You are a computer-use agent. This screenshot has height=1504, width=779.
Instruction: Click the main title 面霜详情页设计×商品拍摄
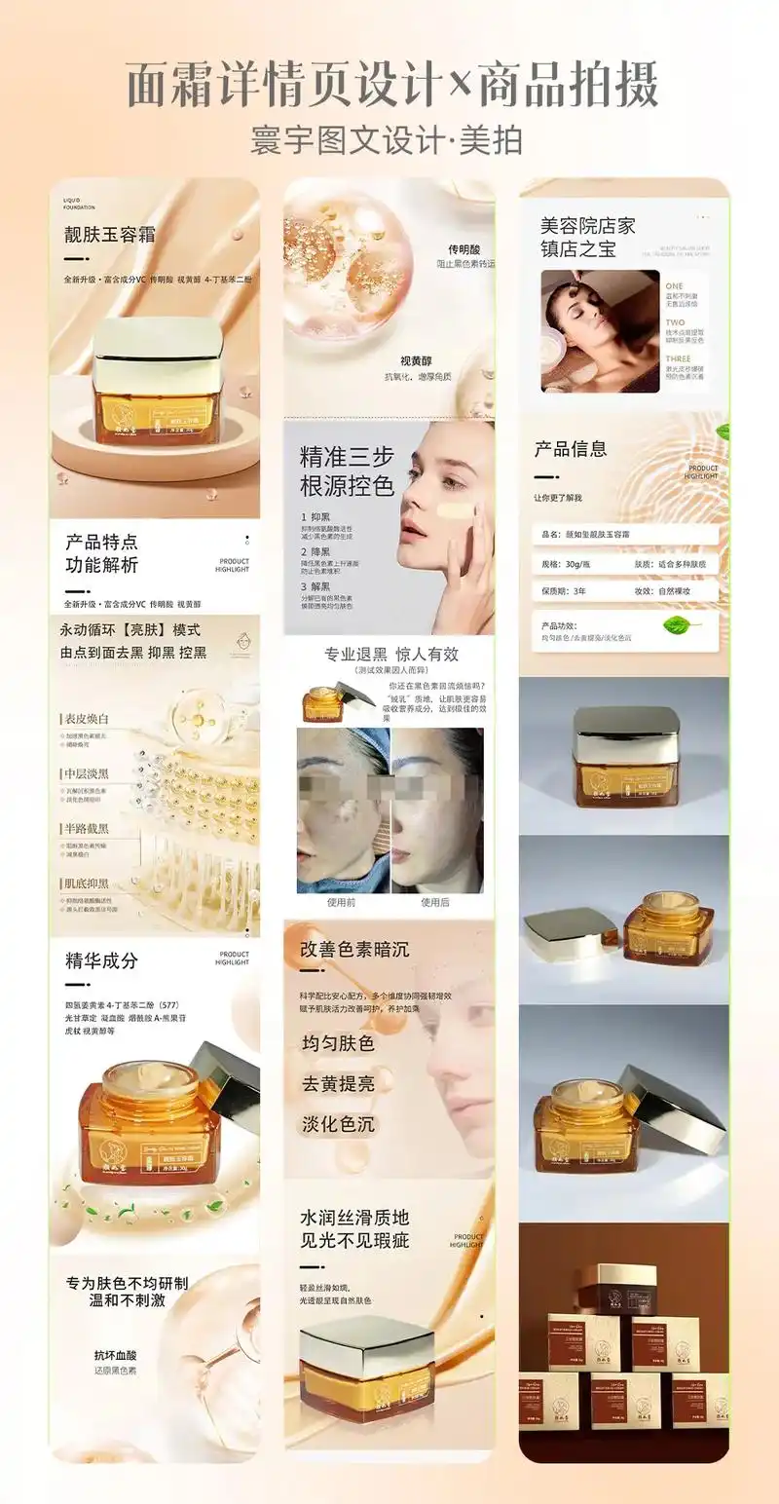point(392,85)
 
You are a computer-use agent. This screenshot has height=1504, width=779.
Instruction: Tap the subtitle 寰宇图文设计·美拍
point(387,140)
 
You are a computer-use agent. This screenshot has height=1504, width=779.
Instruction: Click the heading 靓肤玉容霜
point(109,235)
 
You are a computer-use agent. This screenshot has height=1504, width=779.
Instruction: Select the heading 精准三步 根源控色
point(347,470)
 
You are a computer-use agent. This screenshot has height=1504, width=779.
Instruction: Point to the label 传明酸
point(465,249)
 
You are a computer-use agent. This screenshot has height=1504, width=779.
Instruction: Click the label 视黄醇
point(416,361)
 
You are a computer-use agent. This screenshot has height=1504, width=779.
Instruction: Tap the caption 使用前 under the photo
point(341,902)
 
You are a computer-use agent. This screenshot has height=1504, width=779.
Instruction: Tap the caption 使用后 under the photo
point(434,902)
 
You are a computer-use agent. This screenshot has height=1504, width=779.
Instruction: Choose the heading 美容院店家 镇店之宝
point(587,237)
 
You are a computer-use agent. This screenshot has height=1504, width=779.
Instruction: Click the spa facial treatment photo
point(600,331)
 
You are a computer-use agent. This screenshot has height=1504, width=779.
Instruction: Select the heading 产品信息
point(570,449)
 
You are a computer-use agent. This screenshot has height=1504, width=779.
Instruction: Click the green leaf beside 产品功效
point(683,625)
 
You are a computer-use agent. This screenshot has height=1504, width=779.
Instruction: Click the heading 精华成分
point(101,960)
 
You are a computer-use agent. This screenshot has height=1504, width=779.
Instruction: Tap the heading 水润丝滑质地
point(354,1218)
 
